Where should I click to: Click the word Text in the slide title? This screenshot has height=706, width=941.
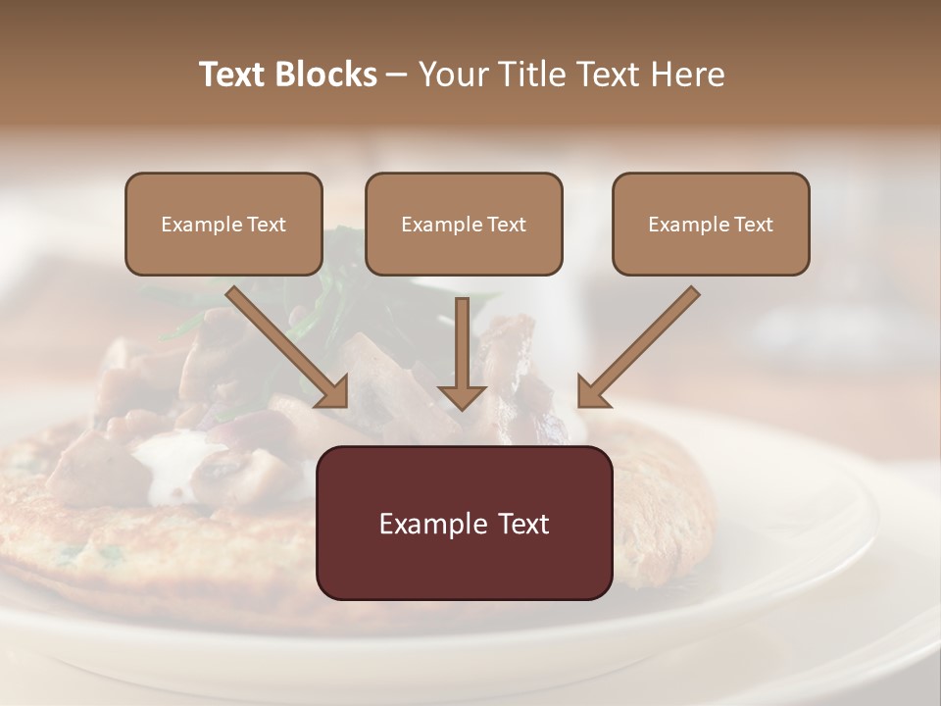[232, 75]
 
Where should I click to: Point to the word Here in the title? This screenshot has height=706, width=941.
[691, 75]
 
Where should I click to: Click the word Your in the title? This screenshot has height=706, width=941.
[452, 75]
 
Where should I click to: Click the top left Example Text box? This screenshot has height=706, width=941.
[223, 224]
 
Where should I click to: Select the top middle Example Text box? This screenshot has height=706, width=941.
[464, 224]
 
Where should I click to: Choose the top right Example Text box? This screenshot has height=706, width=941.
[711, 224]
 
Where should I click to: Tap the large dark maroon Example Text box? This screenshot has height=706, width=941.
[464, 523]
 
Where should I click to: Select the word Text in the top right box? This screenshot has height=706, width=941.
[753, 225]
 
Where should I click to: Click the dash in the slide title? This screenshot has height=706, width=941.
[397, 75]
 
